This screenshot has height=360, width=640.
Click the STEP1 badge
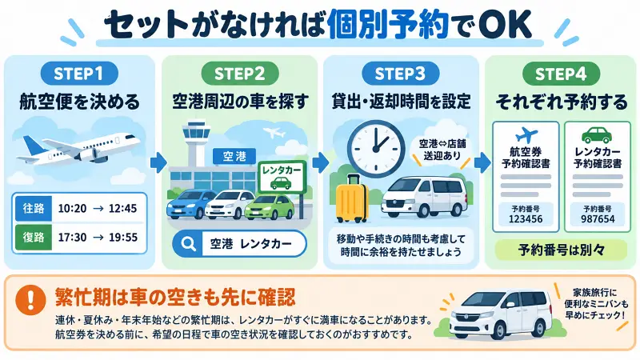[x=78, y=74]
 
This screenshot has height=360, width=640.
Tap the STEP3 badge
[x=400, y=74]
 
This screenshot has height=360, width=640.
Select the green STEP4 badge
[x=561, y=74]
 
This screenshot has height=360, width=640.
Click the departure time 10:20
[x=72, y=209]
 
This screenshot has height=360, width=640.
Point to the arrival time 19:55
[x=123, y=237]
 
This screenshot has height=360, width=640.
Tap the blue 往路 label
[x=34, y=209]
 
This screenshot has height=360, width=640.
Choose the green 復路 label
[x=34, y=237]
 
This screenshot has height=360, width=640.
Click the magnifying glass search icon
[x=188, y=244]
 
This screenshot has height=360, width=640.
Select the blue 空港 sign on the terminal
[x=234, y=156]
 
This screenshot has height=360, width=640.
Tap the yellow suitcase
[x=351, y=198]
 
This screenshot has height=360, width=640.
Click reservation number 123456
[x=526, y=219]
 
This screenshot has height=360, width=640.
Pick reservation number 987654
[x=598, y=219]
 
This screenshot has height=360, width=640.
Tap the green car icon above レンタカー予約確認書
[x=597, y=135]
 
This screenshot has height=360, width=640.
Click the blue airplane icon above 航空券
[x=526, y=135]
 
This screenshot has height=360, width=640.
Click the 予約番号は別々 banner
[x=561, y=250]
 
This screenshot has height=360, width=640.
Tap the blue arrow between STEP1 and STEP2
[x=158, y=162]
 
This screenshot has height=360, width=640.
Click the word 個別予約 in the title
[x=387, y=25]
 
